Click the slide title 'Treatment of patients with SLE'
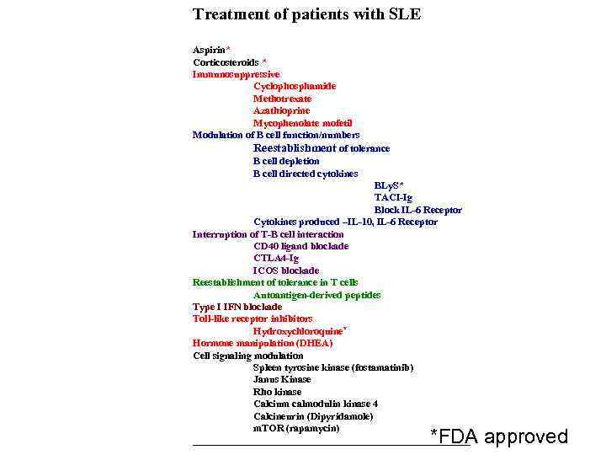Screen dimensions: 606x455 [x=306, y=14]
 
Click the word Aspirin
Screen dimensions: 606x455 [x=210, y=51]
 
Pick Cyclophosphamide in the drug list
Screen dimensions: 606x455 [x=295, y=86]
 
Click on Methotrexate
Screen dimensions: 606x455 [x=282, y=99]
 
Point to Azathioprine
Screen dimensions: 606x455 [x=281, y=110]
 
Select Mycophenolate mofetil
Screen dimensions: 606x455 [x=302, y=123]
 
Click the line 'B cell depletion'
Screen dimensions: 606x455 [x=286, y=161]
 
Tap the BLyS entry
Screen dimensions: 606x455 [x=387, y=185]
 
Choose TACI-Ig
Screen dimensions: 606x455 [x=393, y=197]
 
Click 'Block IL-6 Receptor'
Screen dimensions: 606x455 [x=417, y=210]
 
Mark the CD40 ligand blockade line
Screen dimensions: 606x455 [x=300, y=246]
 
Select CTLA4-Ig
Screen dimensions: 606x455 [x=276, y=258]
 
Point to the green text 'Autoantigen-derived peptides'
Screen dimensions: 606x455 [x=316, y=295]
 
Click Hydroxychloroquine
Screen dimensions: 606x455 [x=298, y=331]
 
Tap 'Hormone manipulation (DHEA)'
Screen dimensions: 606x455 [x=263, y=343]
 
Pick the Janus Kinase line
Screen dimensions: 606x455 [x=282, y=379]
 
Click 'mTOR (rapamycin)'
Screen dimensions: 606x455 [x=296, y=428]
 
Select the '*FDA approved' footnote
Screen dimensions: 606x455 [x=499, y=436]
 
